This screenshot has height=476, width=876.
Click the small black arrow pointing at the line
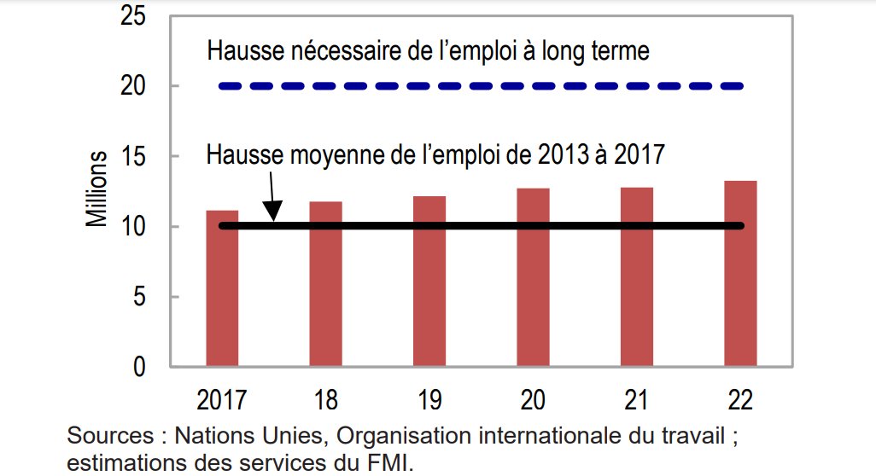(272, 198)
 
